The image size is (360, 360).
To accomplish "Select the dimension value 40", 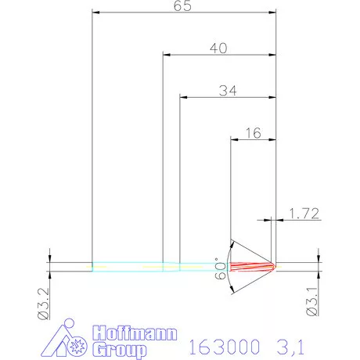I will (218, 49).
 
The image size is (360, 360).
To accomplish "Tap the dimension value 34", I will (228, 90).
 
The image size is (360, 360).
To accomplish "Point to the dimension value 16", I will (253, 133).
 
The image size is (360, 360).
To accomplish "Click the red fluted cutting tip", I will (254, 266).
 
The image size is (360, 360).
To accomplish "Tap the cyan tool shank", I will (157, 266).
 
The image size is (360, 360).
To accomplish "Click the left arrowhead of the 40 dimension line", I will (166, 55).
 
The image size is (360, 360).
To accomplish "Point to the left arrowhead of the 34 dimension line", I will (184, 97).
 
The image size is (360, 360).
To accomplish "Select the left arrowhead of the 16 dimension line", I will (233, 139).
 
